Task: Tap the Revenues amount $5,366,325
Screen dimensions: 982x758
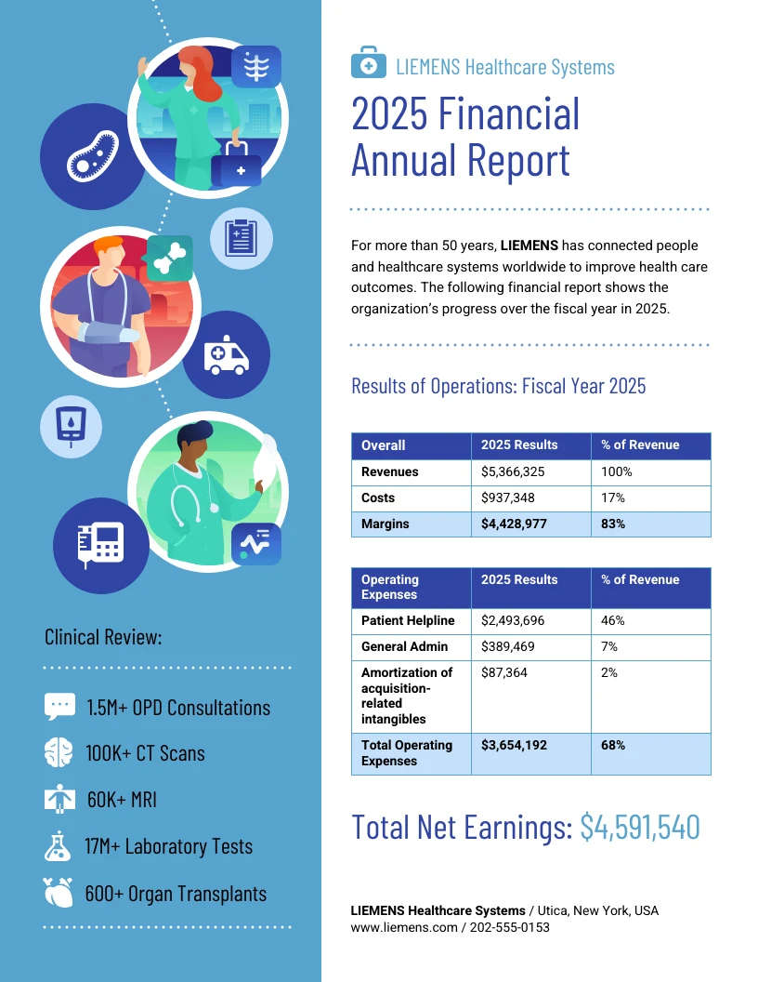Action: click(513, 472)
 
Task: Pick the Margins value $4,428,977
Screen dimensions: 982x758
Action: click(514, 524)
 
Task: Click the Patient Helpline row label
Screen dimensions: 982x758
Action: click(408, 621)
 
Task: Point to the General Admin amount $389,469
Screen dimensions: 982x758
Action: click(508, 647)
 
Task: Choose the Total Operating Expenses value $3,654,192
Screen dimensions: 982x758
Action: click(514, 746)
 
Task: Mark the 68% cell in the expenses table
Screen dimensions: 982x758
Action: click(613, 746)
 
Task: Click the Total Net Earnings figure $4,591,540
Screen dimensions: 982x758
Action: click(639, 827)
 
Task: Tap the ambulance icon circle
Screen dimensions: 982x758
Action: click(226, 355)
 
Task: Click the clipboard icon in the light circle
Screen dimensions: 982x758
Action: click(242, 239)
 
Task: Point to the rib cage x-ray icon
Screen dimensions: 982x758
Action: click(255, 67)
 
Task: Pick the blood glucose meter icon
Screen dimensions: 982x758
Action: click(71, 425)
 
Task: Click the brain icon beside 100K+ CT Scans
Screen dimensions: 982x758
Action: click(59, 752)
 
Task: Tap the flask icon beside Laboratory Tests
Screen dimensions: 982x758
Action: click(59, 846)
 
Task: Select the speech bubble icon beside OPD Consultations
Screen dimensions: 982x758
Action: click(59, 706)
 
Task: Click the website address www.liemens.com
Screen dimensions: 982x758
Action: click(404, 928)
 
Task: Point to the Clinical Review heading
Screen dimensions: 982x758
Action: click(103, 638)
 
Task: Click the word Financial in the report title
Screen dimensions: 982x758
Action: click(509, 114)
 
